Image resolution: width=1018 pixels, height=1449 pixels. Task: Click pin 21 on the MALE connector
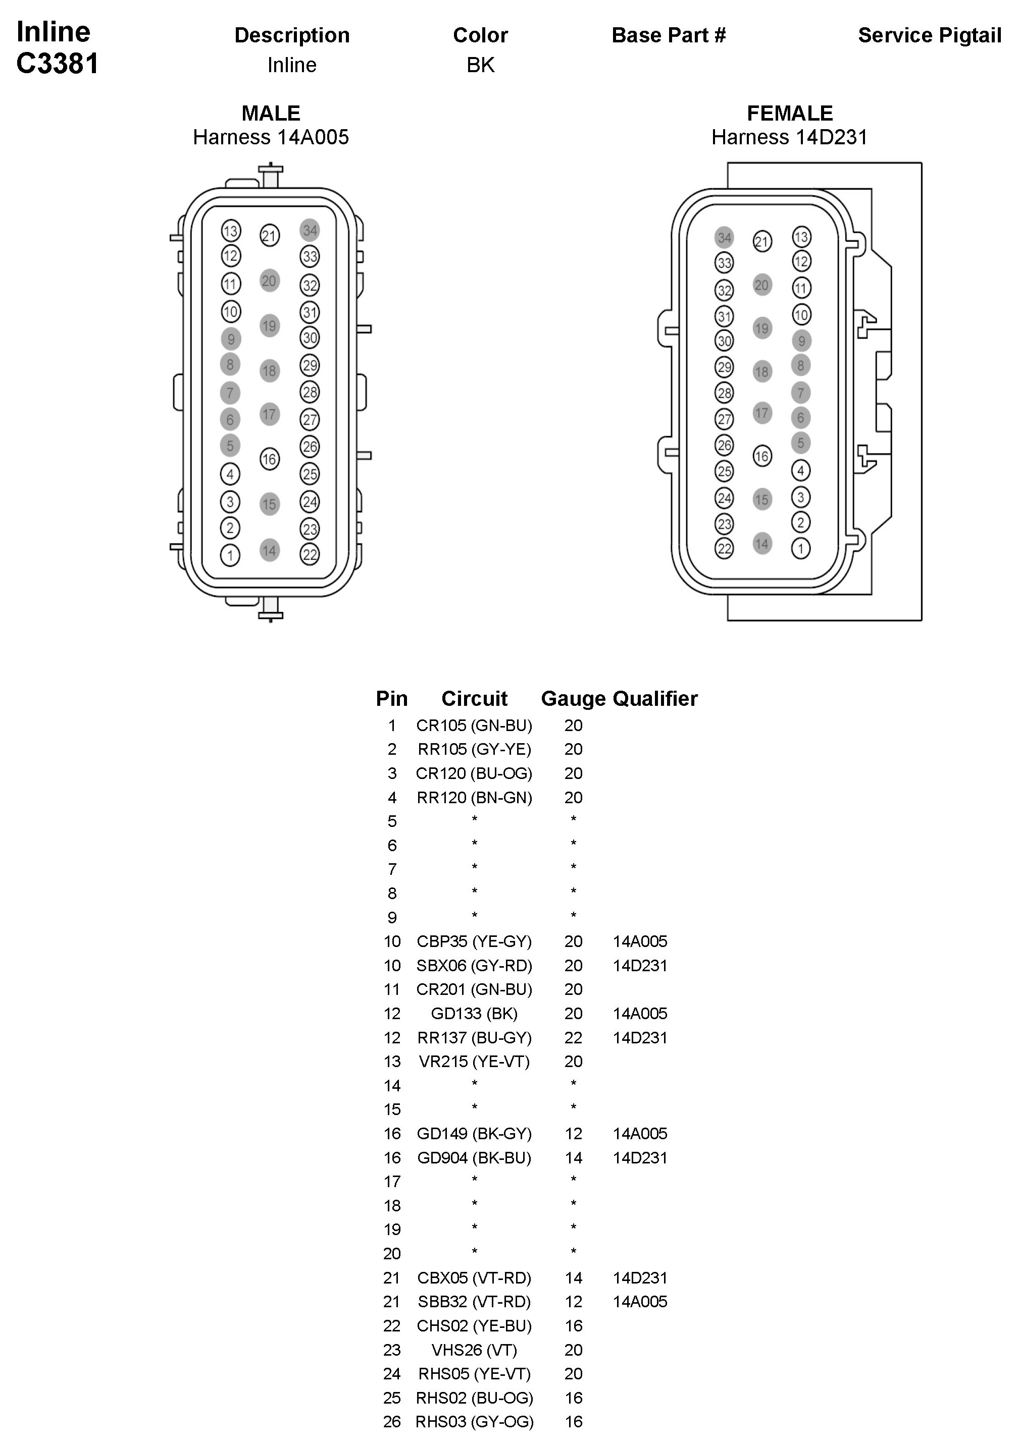coord(270,236)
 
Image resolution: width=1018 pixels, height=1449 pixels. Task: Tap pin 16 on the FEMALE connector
coord(762,456)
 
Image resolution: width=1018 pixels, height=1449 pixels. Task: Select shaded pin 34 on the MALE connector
coord(310,231)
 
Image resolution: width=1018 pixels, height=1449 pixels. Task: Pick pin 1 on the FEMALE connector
coord(801,548)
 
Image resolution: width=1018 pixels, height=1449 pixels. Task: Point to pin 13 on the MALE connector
coord(230,231)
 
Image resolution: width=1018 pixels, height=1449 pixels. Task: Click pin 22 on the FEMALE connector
coord(724,548)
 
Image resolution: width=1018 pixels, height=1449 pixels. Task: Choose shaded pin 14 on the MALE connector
coord(270,550)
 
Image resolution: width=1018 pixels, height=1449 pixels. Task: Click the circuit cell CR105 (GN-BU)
coord(474,725)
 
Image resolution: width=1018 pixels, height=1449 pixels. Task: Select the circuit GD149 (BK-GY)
coord(474,1134)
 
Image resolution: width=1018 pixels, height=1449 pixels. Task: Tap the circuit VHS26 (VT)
coord(474,1350)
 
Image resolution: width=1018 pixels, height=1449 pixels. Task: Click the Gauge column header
coord(573,699)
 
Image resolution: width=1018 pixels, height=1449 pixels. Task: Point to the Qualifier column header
coord(655,699)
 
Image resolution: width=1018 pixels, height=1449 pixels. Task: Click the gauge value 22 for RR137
coord(573,1037)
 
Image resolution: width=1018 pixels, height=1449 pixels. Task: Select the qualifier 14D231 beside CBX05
coord(640,1278)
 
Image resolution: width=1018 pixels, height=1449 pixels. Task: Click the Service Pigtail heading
coord(929,35)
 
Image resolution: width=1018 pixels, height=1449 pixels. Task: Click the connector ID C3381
coord(58,64)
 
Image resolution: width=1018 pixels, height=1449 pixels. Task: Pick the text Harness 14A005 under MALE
coord(271,137)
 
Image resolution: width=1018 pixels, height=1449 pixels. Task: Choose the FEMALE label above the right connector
coord(789,114)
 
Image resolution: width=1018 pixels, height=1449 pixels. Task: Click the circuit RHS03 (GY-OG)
coord(474,1422)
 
